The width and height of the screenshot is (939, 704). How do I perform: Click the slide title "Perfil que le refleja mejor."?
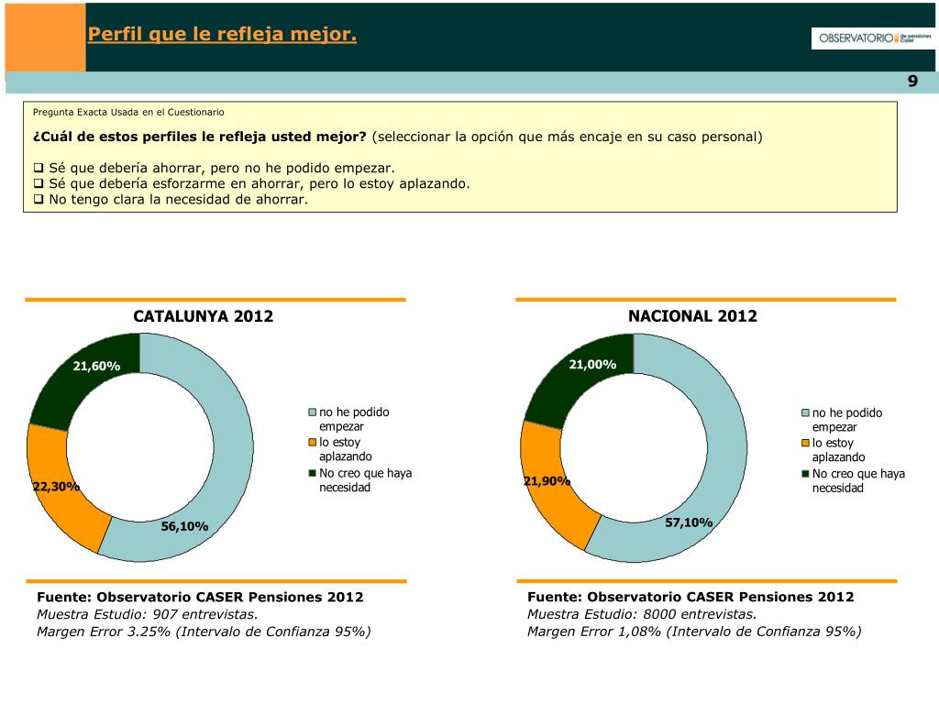click(x=222, y=35)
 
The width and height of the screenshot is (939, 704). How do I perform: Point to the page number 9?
click(x=912, y=82)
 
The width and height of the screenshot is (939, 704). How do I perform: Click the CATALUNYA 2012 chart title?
click(x=204, y=316)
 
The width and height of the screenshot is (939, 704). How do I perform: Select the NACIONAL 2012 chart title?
click(x=692, y=316)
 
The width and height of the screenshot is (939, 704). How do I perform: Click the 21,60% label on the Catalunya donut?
click(x=97, y=367)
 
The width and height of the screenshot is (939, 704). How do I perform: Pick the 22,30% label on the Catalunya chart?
click(x=56, y=487)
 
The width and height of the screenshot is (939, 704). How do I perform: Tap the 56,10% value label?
click(x=184, y=526)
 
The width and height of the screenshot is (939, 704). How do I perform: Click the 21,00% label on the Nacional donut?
click(x=592, y=365)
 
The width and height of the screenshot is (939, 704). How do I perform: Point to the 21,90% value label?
click(x=547, y=481)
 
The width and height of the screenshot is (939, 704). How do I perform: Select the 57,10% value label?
click(x=689, y=522)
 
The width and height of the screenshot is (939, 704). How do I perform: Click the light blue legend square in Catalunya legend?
click(x=312, y=412)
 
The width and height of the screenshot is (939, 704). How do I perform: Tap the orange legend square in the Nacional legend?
click(x=806, y=444)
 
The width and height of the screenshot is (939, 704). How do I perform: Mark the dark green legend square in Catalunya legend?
click(x=312, y=473)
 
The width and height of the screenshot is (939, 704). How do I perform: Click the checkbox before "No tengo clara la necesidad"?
click(x=39, y=198)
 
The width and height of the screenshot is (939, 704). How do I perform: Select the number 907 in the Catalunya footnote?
click(x=169, y=614)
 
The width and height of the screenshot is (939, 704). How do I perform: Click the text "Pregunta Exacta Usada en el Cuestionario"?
click(x=128, y=112)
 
